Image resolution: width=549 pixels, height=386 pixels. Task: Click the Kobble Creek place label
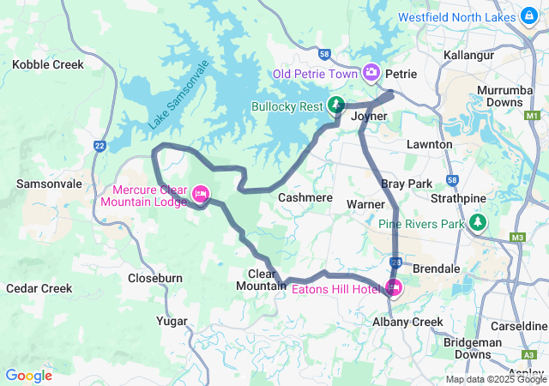47,64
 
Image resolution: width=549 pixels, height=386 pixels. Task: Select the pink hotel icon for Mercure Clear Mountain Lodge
201,194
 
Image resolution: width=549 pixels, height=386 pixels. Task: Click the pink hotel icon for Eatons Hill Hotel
395,286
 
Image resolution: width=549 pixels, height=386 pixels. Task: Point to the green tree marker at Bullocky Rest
336,106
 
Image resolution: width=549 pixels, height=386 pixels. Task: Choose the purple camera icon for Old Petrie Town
372,72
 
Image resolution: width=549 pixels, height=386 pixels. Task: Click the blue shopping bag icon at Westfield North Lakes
530,15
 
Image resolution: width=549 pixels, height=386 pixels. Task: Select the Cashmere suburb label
305,197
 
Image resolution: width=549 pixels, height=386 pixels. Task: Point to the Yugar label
172,321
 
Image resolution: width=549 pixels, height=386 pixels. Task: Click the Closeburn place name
154,278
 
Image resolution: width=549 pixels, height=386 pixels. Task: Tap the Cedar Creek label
39,288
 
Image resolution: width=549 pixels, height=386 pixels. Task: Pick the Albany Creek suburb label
407,322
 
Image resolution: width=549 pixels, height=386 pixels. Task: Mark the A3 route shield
527,353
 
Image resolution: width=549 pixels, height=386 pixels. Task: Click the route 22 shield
100,146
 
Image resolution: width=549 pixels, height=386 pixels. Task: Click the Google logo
29,375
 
